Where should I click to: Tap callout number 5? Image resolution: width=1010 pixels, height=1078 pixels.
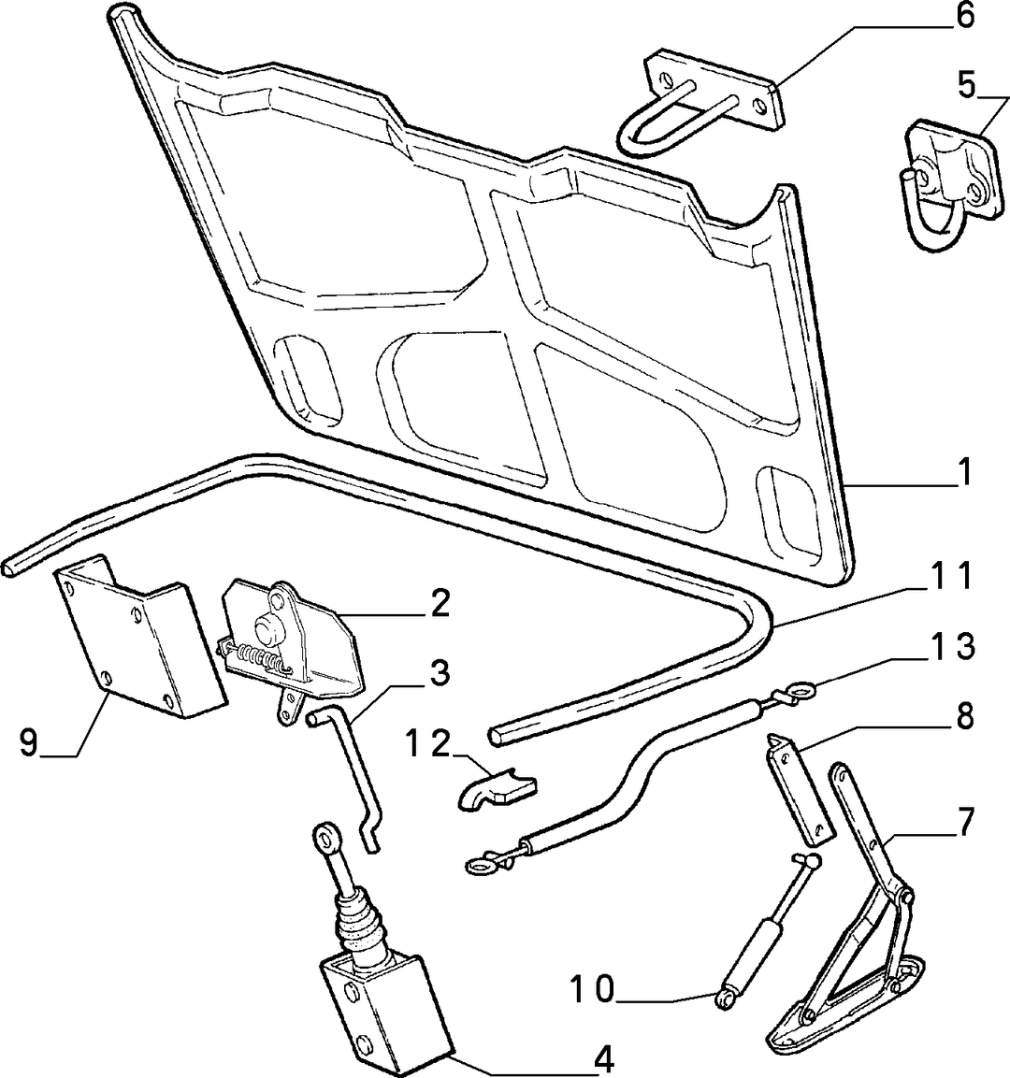[x=966, y=86]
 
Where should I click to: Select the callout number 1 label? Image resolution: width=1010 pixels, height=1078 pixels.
[x=965, y=472]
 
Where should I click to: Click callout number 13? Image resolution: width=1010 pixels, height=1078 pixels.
[x=947, y=647]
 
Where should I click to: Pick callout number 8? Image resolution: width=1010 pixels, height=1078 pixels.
[x=964, y=717]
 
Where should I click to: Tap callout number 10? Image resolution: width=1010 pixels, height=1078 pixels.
[x=593, y=990]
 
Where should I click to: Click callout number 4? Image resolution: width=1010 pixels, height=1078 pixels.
[x=602, y=1061]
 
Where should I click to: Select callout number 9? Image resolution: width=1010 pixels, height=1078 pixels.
[x=28, y=743]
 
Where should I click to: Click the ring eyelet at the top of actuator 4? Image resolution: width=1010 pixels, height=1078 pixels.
[x=323, y=837]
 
